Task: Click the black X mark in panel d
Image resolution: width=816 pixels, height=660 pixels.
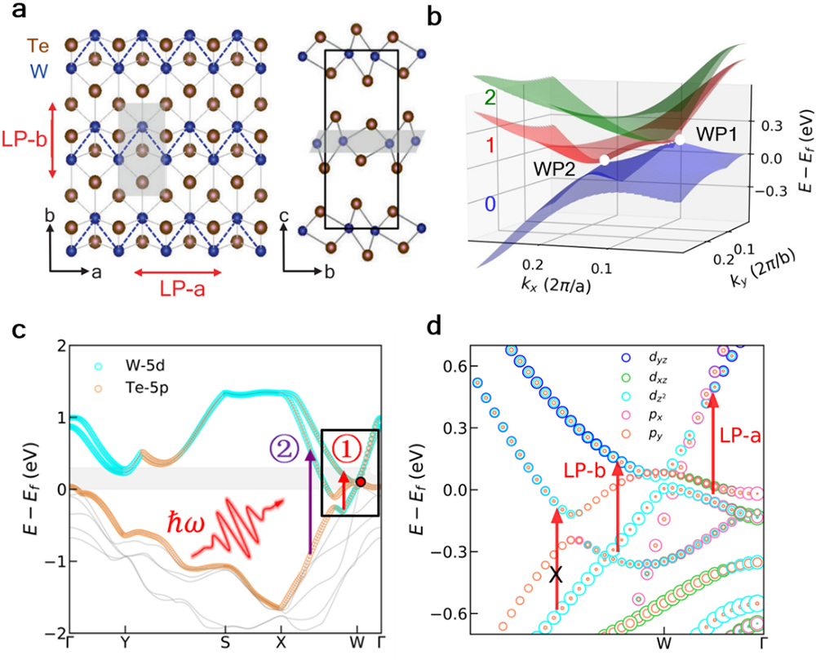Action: (557, 574)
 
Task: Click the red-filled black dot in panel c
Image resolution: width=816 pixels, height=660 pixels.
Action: (360, 482)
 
